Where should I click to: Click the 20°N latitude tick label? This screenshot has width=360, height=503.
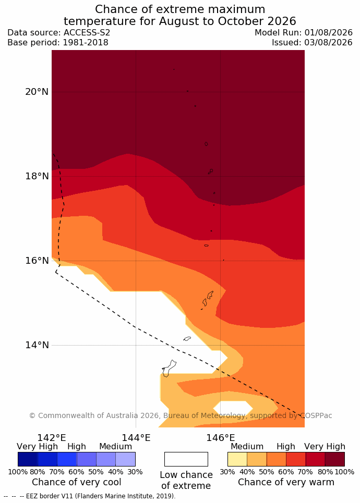[x=37, y=92]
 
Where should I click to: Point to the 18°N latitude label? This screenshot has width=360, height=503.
[x=37, y=176]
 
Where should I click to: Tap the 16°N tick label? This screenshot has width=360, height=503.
[x=37, y=261]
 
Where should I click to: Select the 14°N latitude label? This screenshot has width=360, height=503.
[x=37, y=345]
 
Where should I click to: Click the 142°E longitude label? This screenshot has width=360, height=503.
[x=52, y=437]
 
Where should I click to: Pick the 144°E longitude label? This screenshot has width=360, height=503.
[x=136, y=437]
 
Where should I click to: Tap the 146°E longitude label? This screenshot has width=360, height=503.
[x=221, y=437]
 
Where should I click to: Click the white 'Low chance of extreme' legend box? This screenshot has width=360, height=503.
[x=186, y=459]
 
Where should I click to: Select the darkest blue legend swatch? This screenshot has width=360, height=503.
[x=28, y=459]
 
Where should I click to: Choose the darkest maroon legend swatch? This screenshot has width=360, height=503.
[x=335, y=459]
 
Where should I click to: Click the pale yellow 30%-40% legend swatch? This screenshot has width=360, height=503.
[x=237, y=459]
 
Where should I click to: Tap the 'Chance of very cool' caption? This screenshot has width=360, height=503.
[x=76, y=482]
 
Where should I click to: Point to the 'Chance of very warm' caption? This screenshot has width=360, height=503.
[x=286, y=482]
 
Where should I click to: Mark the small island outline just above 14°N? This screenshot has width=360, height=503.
[x=187, y=338]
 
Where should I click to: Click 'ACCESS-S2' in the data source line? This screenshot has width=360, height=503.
[x=87, y=33]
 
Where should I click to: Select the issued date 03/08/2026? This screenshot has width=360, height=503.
[x=328, y=43]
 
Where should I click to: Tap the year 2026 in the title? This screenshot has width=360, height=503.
[x=282, y=21]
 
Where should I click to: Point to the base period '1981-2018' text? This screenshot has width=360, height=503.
[x=86, y=43]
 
